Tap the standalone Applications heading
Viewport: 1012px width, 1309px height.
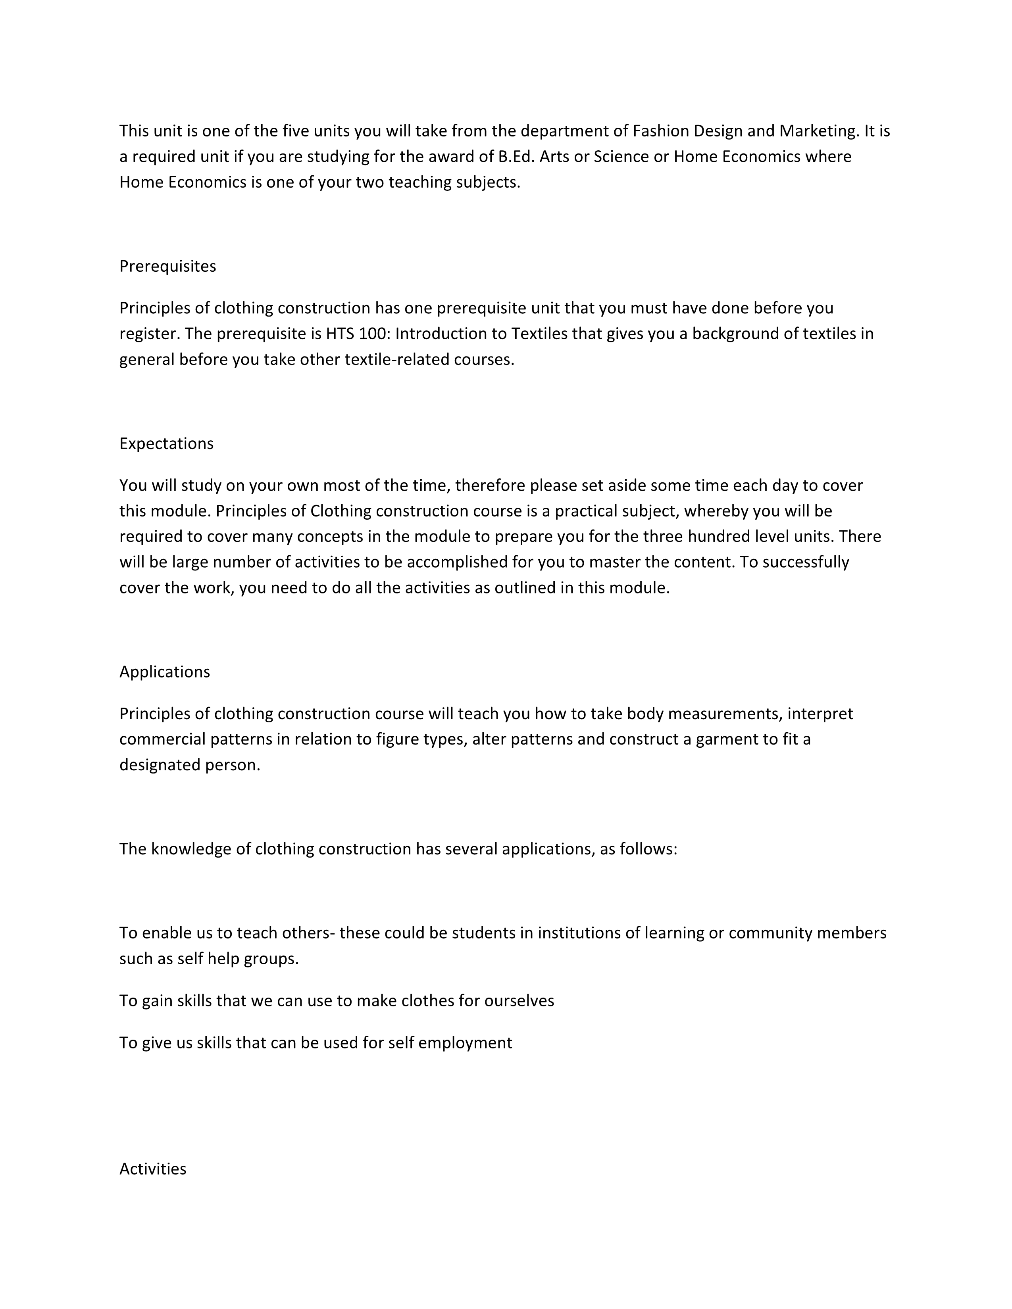coord(164,672)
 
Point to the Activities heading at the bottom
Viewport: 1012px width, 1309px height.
coord(153,1169)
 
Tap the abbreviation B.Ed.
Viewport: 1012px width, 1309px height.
coord(516,156)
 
